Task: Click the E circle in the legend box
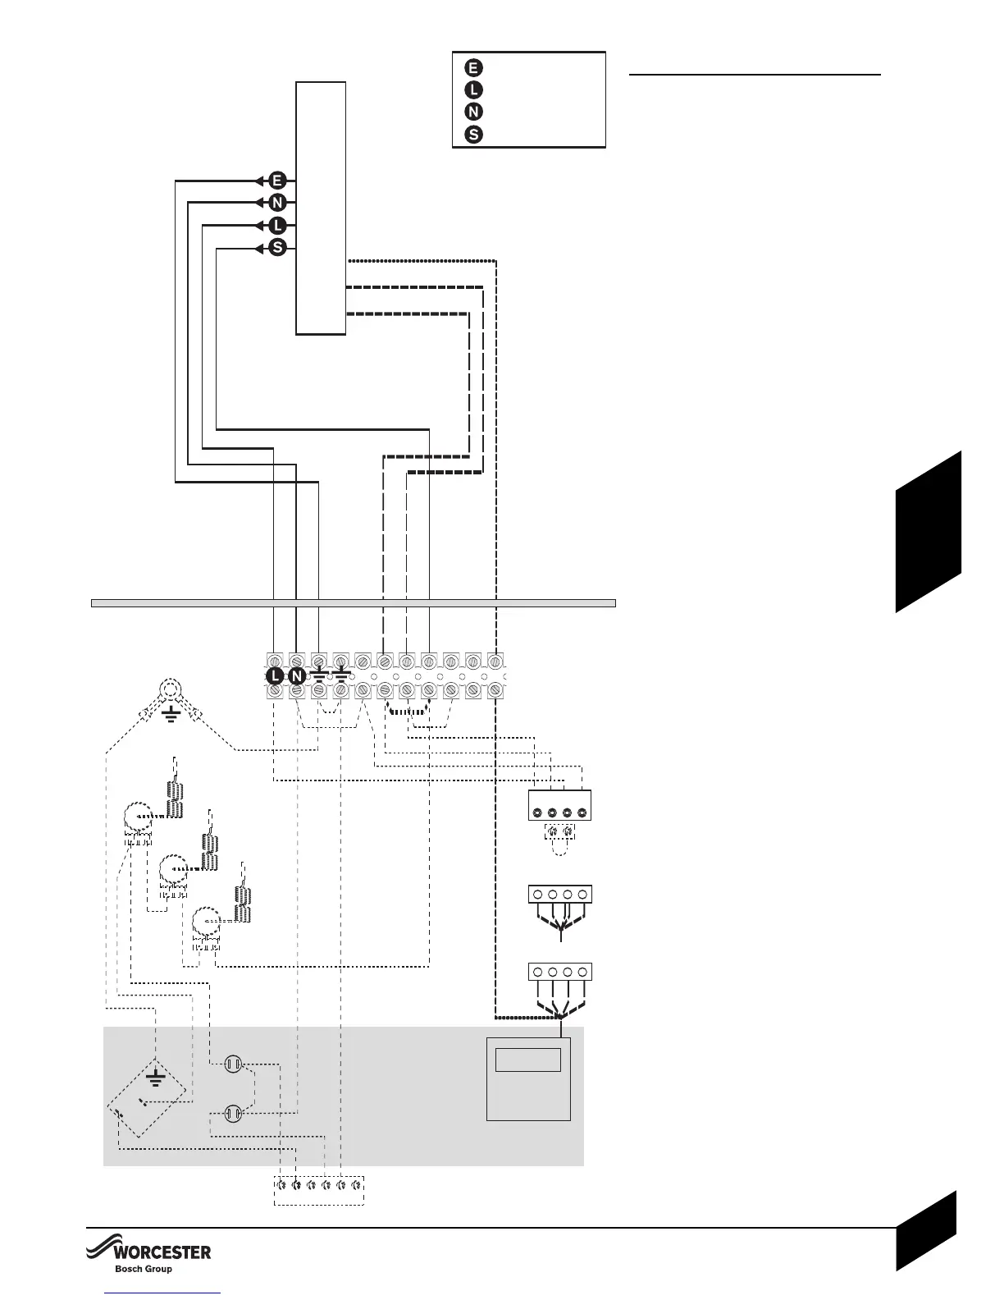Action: pyautogui.click(x=473, y=67)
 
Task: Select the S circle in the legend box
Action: pyautogui.click(x=473, y=135)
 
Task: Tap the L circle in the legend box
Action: pyautogui.click(x=473, y=89)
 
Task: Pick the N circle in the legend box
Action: pyautogui.click(x=473, y=112)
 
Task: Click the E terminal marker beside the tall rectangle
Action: pyautogui.click(x=277, y=181)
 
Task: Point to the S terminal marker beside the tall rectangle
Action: pyautogui.click(x=277, y=248)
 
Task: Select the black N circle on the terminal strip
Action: pyautogui.click(x=297, y=675)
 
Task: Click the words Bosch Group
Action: pyautogui.click(x=144, y=1269)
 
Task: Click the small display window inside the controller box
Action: pyautogui.click(x=528, y=1060)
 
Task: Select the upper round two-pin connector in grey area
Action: pyautogui.click(x=232, y=1065)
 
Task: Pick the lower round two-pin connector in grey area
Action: pyautogui.click(x=232, y=1114)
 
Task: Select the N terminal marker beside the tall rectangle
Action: pyautogui.click(x=277, y=203)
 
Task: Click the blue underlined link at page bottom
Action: pyautogui.click(x=163, y=1294)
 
